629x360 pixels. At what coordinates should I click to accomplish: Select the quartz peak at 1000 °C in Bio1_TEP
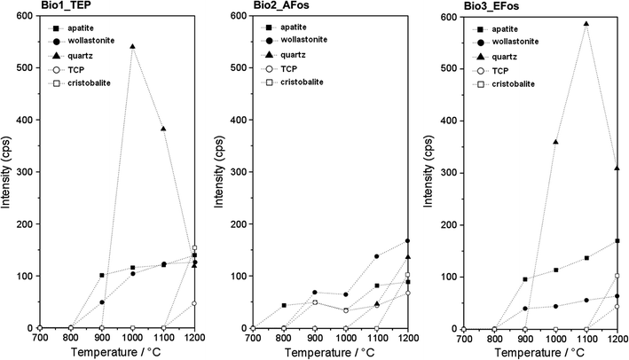(x=132, y=46)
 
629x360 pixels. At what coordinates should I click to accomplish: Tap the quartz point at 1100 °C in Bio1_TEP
(x=163, y=129)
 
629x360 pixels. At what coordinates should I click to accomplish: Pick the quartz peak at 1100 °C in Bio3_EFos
(x=586, y=24)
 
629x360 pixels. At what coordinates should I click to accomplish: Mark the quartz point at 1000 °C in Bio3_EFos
(x=555, y=142)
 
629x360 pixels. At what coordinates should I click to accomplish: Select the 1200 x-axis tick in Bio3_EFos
(x=617, y=339)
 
